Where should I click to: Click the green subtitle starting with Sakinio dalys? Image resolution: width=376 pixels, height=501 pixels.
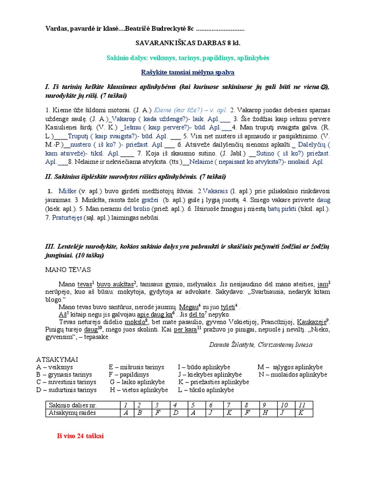188,58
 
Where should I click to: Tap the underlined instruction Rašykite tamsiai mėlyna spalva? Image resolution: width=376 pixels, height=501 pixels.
188,72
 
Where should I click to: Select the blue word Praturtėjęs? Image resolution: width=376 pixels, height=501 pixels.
68,218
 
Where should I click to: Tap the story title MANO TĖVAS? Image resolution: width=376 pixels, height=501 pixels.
68,270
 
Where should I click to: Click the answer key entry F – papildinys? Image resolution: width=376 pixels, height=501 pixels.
135,375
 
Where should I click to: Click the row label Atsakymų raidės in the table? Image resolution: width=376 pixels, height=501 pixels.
71,413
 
